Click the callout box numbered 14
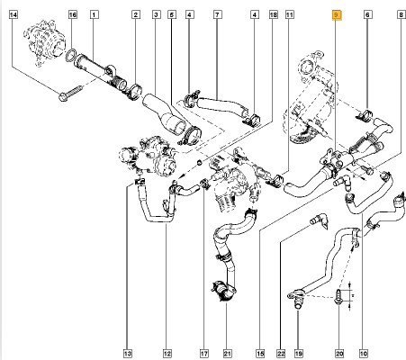click(14, 14)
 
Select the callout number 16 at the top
click(73, 14)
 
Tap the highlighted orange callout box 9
click(337, 15)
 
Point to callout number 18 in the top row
click(274, 14)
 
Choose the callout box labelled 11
click(290, 14)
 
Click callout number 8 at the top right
click(401, 14)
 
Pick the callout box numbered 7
click(218, 14)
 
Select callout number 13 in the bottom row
click(128, 354)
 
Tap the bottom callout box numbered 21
click(228, 354)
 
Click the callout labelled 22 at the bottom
click(281, 354)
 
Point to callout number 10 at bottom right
click(363, 354)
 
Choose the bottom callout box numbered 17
click(203, 354)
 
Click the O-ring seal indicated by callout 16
click(71, 55)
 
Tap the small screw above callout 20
click(338, 297)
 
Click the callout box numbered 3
click(156, 14)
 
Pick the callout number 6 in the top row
click(368, 14)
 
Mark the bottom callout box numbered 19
click(299, 354)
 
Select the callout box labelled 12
click(167, 354)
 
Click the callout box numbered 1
click(95, 14)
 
